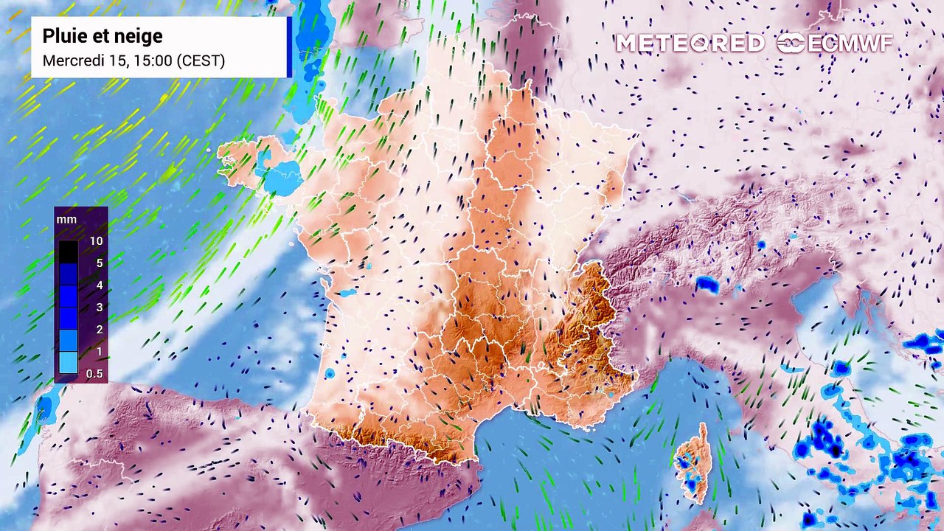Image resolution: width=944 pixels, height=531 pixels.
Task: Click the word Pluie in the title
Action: tap(62, 36)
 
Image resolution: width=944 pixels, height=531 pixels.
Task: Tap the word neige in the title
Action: tap(136, 36)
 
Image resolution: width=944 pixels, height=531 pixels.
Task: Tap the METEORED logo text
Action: tap(690, 44)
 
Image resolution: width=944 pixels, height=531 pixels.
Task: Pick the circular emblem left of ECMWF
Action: tap(791, 44)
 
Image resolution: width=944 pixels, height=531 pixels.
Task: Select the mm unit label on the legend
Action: tap(66, 220)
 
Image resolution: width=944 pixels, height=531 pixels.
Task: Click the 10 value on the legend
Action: tap(95, 241)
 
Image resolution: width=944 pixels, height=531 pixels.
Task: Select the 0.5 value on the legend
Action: tap(94, 374)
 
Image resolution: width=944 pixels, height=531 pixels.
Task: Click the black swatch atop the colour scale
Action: tap(68, 251)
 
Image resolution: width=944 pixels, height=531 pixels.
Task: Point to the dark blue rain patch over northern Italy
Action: tap(707, 284)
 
